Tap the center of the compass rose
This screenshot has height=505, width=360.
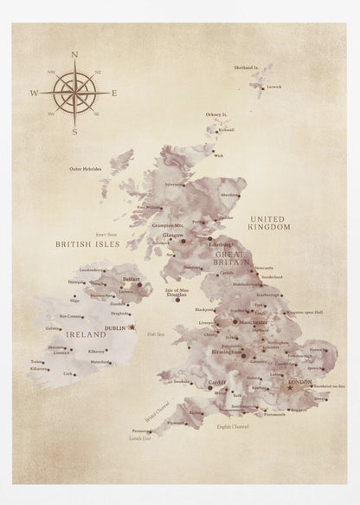coord(74,93)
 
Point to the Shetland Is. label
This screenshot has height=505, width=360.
coord(247,67)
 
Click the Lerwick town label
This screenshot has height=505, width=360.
coord(274,87)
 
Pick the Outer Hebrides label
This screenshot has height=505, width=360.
coord(86,169)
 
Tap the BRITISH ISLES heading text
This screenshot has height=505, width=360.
coord(86,244)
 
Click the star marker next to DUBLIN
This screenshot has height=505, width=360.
coord(132,327)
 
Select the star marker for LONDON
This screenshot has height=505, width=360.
coord(290,386)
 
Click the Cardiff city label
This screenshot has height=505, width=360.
coord(216,382)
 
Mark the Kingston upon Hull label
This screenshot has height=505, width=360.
coord(305,312)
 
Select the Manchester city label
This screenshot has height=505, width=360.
coord(254,321)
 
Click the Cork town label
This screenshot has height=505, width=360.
coord(67,373)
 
